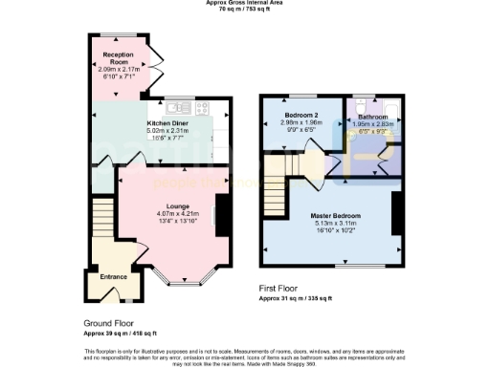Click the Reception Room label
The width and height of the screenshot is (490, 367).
click(x=119, y=55)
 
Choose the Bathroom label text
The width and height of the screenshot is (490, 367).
click(x=374, y=115)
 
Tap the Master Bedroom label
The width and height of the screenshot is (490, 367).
click(x=334, y=215)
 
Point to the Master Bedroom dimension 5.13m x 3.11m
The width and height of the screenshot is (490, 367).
click(x=334, y=224)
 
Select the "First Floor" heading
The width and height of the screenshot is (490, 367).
click(x=278, y=289)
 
